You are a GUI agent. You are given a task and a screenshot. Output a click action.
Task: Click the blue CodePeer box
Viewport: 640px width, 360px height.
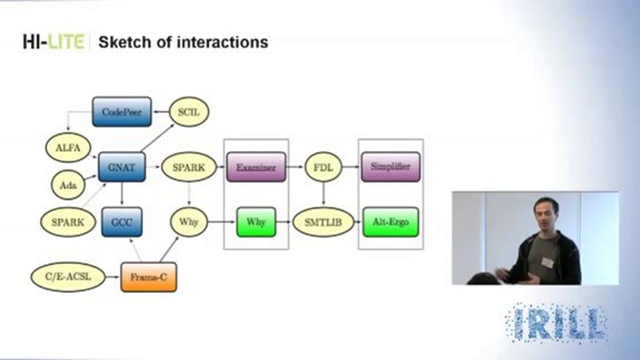[121, 111]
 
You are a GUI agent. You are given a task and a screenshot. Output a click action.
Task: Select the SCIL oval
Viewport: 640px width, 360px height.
[188, 111]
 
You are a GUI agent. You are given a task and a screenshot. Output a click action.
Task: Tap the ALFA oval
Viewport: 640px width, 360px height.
[68, 147]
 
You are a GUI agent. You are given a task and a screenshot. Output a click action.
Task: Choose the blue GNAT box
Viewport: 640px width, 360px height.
[122, 167]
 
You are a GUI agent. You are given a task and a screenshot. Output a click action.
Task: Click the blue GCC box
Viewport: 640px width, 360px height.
[122, 222]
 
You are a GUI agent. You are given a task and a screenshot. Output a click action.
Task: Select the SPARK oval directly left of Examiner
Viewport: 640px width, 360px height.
[188, 167]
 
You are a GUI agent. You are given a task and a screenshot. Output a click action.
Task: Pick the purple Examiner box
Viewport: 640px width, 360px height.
[256, 167]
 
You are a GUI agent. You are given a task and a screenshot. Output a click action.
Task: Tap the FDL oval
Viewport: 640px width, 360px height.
[323, 167]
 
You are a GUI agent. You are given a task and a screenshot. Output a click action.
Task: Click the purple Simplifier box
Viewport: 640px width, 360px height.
[390, 167]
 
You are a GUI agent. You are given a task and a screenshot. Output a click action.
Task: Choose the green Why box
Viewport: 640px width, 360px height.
[256, 221]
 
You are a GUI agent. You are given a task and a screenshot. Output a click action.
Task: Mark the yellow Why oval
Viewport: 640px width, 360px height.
[188, 221]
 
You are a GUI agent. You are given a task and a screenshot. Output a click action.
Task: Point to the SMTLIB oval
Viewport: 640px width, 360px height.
[323, 221]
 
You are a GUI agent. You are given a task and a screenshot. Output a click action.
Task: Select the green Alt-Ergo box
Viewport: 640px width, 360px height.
[390, 221]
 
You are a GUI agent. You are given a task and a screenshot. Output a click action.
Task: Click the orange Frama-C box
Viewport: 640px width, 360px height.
[148, 277]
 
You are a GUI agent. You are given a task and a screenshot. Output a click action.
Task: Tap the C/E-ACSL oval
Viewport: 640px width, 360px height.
[68, 277]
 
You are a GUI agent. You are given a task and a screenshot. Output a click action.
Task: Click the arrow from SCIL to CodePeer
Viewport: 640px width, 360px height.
[160, 111]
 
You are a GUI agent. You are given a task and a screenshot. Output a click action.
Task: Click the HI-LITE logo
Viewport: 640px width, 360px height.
[53, 42]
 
